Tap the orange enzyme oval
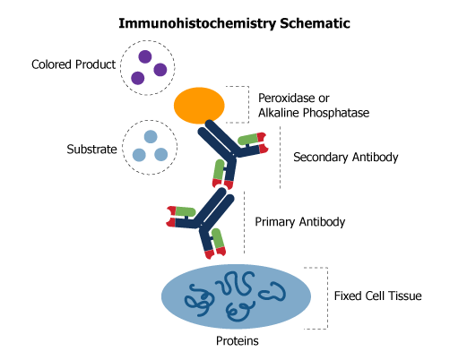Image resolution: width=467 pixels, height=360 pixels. click(x=199, y=105)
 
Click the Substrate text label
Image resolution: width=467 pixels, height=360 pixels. click(x=92, y=149)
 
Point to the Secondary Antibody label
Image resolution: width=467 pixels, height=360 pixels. click(x=345, y=158)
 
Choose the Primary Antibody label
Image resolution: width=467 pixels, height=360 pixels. click(x=300, y=221)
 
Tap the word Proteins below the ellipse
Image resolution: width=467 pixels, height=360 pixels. click(x=238, y=340)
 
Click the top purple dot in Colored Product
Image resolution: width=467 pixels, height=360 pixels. click(x=143, y=56)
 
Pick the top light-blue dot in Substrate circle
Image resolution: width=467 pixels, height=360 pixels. click(x=151, y=136)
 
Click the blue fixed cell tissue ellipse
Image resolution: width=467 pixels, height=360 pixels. click(x=238, y=295)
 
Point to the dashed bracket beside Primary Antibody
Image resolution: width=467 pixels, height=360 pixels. click(x=242, y=221)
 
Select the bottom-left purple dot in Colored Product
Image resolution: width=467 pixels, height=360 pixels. click(x=137, y=78)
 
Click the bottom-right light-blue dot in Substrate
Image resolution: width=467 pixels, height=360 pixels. click(x=161, y=155)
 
